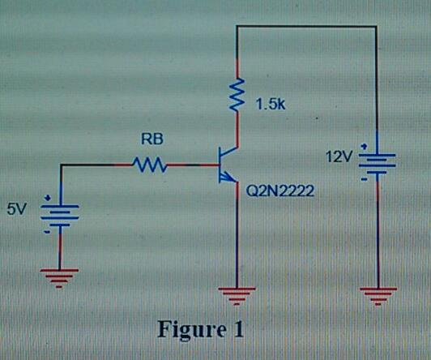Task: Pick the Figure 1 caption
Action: click(199, 330)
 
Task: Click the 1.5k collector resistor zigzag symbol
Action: click(237, 94)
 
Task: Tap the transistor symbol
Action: click(229, 165)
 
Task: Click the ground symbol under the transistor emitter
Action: click(237, 295)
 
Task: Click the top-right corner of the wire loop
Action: click(376, 26)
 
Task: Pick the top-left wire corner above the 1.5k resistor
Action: click(237, 26)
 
